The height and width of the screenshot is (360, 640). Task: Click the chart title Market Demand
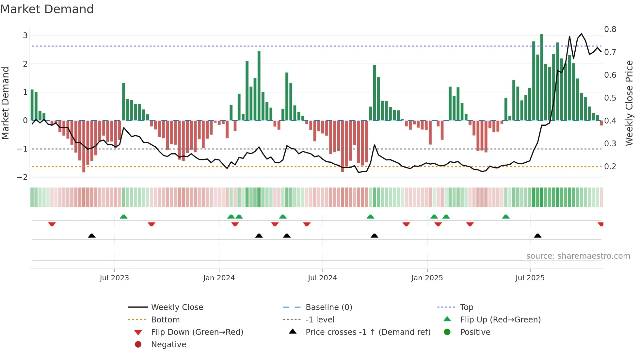coord(47,9)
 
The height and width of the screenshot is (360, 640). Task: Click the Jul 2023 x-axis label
coord(114,278)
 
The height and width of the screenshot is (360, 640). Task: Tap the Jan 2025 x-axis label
coord(427,278)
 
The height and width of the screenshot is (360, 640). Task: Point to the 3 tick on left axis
coord(25,35)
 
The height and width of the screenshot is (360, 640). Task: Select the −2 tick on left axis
coord(23,177)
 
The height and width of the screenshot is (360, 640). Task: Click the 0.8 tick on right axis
coord(610,29)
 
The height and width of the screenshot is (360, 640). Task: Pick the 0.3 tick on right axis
coord(610,144)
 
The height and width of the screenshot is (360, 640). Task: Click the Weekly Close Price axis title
coord(629,103)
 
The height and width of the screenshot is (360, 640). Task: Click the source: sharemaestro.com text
coord(578,256)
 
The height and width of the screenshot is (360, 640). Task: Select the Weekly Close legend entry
coord(177,307)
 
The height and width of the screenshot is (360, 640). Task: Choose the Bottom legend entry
coord(165,320)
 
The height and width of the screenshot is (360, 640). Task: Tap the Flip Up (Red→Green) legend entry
coord(500,320)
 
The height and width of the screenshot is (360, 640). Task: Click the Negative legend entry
coord(168,345)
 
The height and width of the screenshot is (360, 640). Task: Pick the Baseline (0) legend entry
coord(328,307)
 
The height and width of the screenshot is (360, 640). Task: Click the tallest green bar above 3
coord(542,77)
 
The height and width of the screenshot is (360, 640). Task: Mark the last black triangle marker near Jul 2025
coord(537,236)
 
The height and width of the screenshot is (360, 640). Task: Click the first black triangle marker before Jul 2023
coord(92,236)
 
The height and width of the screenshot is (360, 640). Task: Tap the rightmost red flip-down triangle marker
coord(600,224)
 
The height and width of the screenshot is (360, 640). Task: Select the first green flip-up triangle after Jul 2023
coord(123,217)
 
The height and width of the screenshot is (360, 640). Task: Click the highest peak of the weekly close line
coord(582,34)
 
